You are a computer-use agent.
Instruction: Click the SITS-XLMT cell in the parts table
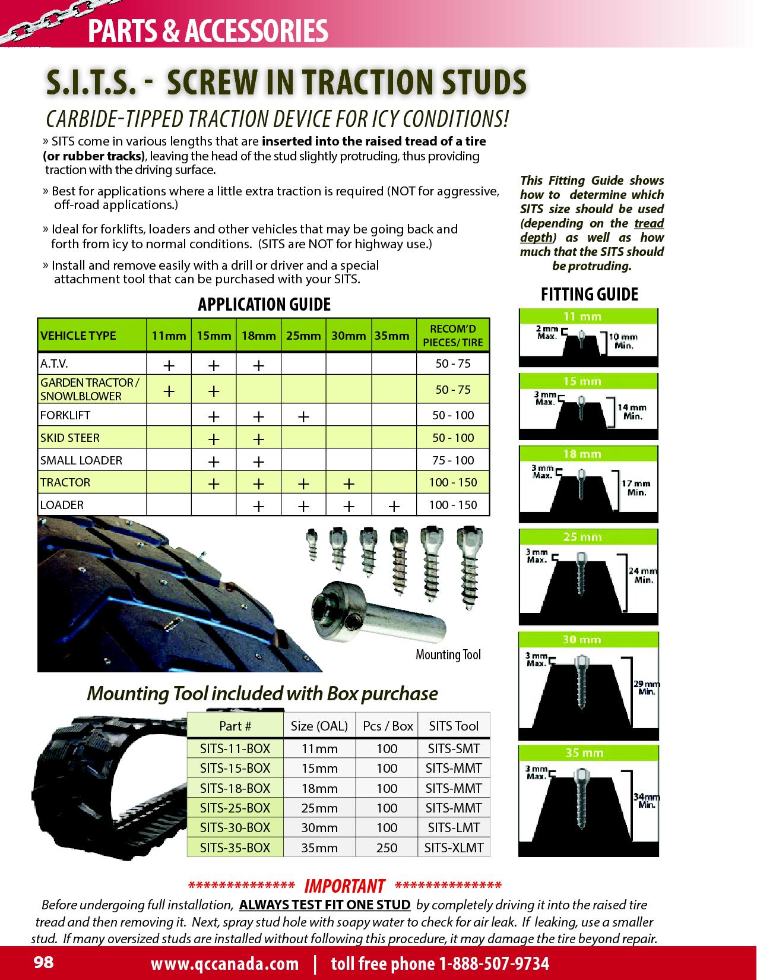click(x=454, y=848)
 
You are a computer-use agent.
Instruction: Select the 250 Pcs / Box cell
click(x=387, y=848)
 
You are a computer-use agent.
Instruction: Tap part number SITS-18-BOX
click(x=235, y=788)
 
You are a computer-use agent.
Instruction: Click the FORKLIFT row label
click(x=65, y=415)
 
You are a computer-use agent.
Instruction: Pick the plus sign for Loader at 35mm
click(x=393, y=505)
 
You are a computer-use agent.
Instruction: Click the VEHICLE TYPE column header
click(x=78, y=336)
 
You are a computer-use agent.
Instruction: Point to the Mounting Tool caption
click(x=448, y=655)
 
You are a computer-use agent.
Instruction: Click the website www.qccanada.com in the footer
click(x=224, y=963)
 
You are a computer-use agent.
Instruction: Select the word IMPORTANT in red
click(x=344, y=886)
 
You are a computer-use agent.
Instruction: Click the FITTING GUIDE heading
click(x=589, y=295)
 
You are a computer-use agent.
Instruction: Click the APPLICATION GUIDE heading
click(x=264, y=305)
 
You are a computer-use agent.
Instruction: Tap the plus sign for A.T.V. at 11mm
click(x=169, y=365)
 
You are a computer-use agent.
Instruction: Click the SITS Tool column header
click(x=454, y=726)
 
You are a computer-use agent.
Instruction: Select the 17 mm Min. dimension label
click(x=635, y=488)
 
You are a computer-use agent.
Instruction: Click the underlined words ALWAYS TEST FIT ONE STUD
click(x=324, y=905)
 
